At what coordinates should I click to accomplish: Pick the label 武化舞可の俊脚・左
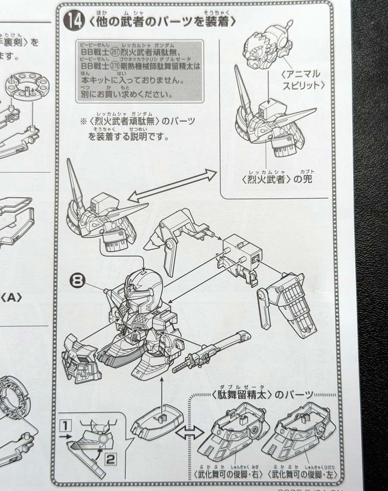pyautogui.click(x=302, y=474)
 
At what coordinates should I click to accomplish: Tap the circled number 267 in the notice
pyautogui.click(x=115, y=51)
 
